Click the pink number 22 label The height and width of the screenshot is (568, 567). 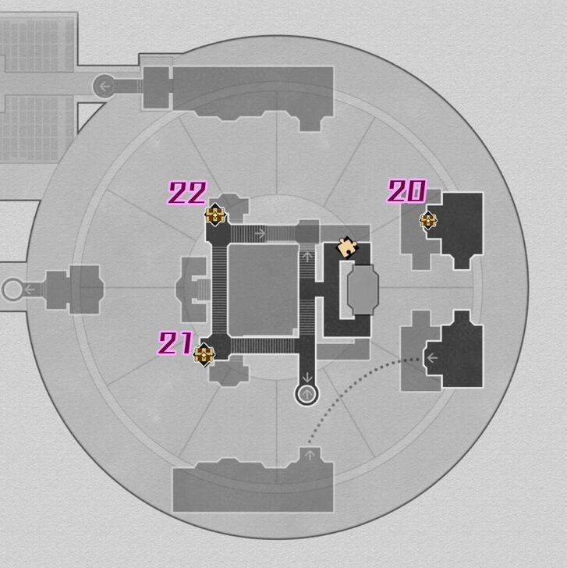pyautogui.click(x=188, y=193)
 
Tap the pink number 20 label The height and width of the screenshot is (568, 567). pyautogui.click(x=406, y=191)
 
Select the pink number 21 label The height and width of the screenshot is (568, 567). pyautogui.click(x=176, y=343)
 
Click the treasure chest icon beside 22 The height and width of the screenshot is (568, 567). pyautogui.click(x=215, y=215)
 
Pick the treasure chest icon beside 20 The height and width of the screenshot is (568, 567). pyautogui.click(x=428, y=220)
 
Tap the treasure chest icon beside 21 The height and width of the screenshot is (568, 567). pyautogui.click(x=204, y=355)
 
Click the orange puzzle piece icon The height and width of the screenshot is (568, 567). pyautogui.click(x=346, y=247)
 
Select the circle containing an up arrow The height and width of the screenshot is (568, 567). pyautogui.click(x=307, y=394)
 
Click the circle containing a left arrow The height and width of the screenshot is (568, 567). pyautogui.click(x=104, y=86)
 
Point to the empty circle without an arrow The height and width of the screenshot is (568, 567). pyautogui.click(x=12, y=290)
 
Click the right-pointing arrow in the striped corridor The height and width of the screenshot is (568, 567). pyautogui.click(x=260, y=233)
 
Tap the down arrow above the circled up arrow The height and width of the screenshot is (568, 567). pyautogui.click(x=307, y=377)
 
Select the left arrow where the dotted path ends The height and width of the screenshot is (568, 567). pyautogui.click(x=431, y=358)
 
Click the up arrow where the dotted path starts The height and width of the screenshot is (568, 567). pyautogui.click(x=310, y=454)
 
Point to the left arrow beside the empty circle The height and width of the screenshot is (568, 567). pyautogui.click(x=30, y=290)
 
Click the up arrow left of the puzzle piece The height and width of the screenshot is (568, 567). pyautogui.click(x=307, y=256)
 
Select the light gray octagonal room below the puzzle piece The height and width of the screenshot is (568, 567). pyautogui.click(x=363, y=290)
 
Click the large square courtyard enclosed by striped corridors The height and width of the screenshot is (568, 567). pyautogui.click(x=264, y=289)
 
